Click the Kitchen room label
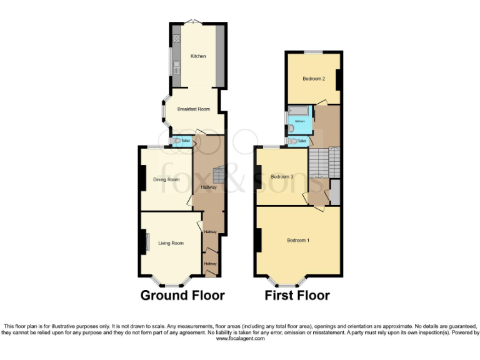click(198, 57)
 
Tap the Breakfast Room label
click(192, 109)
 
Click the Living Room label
click(171, 242)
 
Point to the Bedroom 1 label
click(298, 241)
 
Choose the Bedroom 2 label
click(314, 79)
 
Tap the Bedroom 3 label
click(282, 177)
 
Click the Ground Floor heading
click(182, 295)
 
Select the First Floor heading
click(297, 295)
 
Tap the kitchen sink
click(177, 65)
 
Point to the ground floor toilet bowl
click(181, 142)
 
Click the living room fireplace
click(145, 242)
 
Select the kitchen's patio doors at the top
click(194, 23)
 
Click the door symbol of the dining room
click(190, 202)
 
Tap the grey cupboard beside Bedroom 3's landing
click(335, 192)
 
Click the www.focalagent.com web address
click(239, 338)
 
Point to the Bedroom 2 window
click(314, 51)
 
